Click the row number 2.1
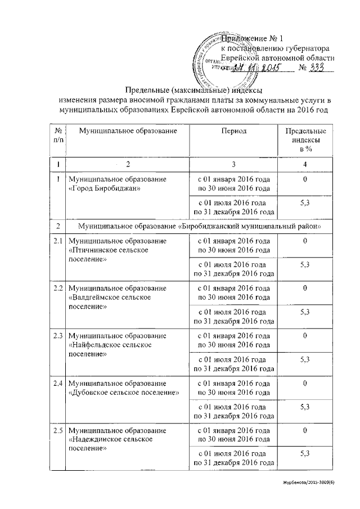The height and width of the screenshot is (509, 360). click(56, 241)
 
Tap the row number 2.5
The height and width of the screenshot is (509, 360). click(56, 430)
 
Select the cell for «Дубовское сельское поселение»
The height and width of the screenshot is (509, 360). click(123, 388)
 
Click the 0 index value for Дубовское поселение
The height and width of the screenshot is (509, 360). click(304, 383)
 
